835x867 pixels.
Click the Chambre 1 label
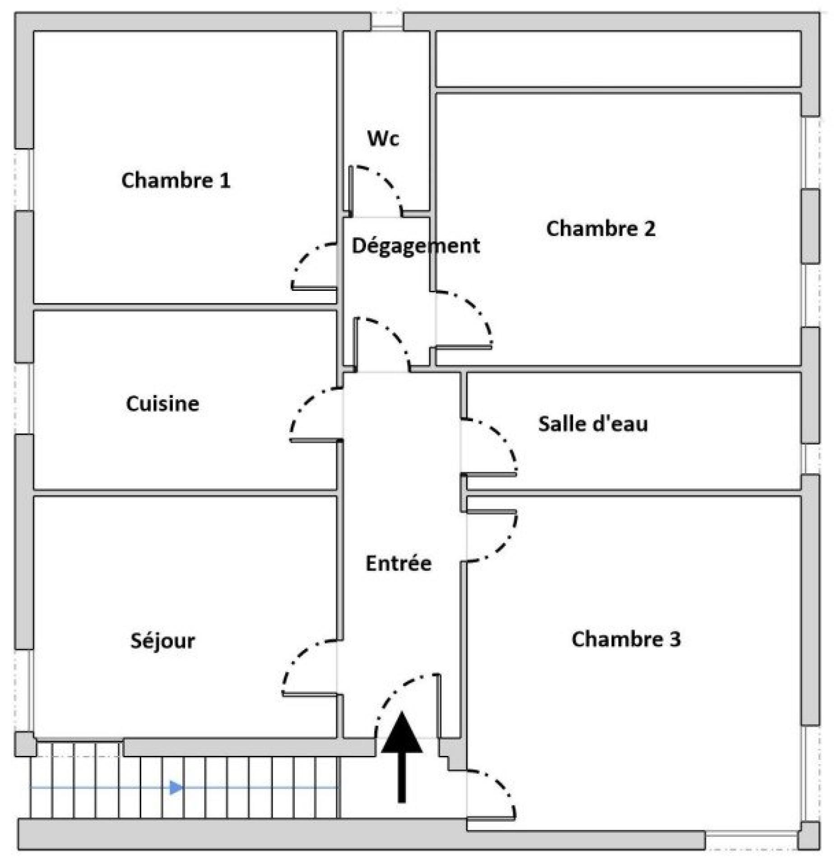[x=176, y=180]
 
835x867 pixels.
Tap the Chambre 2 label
[x=600, y=228]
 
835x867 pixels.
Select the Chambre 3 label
[x=626, y=639]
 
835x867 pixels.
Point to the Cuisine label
[x=162, y=403]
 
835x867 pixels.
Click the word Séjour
[x=162, y=640]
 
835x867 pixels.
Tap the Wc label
[x=383, y=139]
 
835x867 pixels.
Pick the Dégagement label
[x=415, y=246]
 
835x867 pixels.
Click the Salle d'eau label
[x=593, y=424]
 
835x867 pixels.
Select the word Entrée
[x=398, y=563]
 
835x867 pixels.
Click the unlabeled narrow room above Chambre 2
[x=618, y=58]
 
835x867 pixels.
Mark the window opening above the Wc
[x=387, y=21]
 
